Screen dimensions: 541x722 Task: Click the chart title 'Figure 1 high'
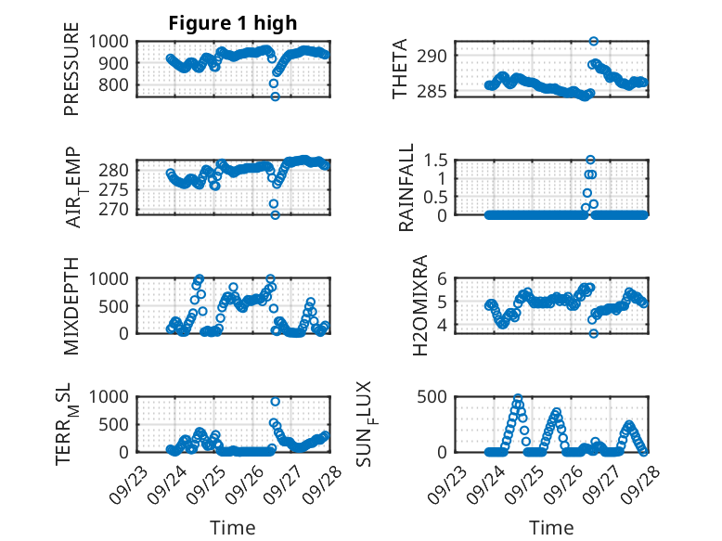click(x=232, y=23)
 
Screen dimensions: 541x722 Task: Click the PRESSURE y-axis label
click(x=72, y=76)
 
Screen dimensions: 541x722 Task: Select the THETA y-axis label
click(x=400, y=69)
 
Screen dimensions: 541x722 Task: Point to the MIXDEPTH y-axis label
click(x=72, y=305)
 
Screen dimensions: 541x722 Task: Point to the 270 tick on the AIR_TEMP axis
click(x=119, y=209)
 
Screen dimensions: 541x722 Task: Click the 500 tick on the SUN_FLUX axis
click(x=440, y=396)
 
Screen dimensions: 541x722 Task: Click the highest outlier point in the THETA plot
click(x=593, y=41)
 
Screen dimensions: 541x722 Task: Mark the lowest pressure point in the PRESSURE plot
click(x=275, y=96)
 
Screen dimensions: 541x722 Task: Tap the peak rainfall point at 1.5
click(x=590, y=160)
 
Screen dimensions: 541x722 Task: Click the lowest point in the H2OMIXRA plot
click(x=593, y=333)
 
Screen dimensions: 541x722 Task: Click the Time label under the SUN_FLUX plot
click(x=551, y=527)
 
